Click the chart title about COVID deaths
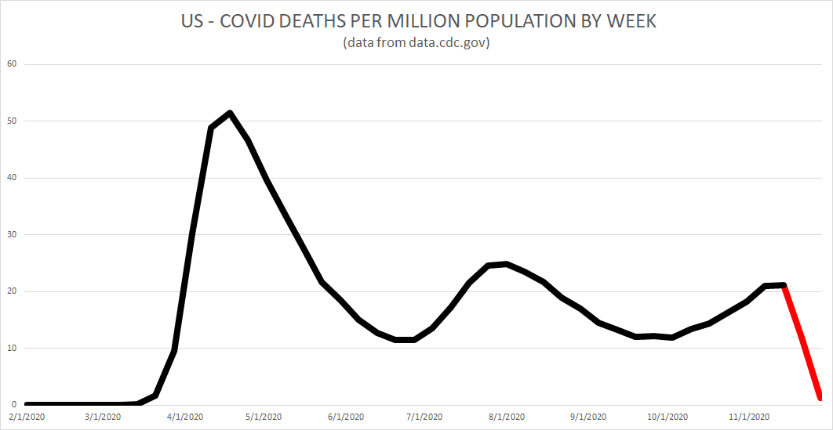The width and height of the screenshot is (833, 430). pyautogui.click(x=416, y=21)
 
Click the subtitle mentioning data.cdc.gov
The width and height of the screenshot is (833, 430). pyautogui.click(x=416, y=43)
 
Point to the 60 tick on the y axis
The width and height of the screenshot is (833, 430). pyautogui.click(x=11, y=64)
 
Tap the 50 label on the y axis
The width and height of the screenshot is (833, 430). pyautogui.click(x=11, y=121)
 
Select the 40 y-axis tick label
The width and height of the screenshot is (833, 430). pyautogui.click(x=11, y=178)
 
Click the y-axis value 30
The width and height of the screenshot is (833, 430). pyautogui.click(x=11, y=235)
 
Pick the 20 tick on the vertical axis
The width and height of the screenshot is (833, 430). pyautogui.click(x=11, y=291)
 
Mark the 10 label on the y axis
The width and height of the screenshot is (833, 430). pyautogui.click(x=11, y=349)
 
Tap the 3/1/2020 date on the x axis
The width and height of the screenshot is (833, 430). pyautogui.click(x=103, y=417)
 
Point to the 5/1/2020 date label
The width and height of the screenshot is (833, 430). pyautogui.click(x=264, y=417)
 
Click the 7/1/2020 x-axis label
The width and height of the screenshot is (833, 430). pyautogui.click(x=424, y=417)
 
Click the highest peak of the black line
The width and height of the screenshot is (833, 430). pyautogui.click(x=229, y=113)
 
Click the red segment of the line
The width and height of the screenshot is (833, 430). pyautogui.click(x=802, y=338)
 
